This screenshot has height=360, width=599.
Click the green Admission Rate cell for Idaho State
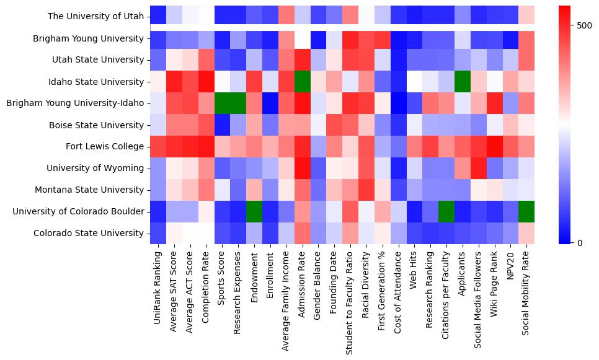[x=303, y=82]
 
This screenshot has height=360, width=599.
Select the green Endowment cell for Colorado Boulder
[x=255, y=212]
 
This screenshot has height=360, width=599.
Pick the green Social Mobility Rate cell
[x=527, y=212]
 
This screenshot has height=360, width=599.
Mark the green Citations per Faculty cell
[x=447, y=212]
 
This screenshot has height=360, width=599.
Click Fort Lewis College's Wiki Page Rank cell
[x=495, y=147]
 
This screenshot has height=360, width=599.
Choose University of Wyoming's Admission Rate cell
[x=303, y=169]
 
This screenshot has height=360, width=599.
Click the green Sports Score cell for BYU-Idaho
[x=223, y=103]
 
